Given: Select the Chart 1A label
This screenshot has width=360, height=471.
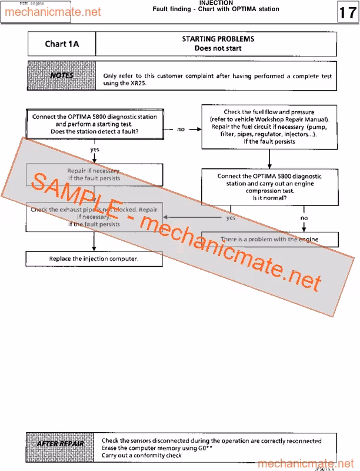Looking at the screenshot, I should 62,44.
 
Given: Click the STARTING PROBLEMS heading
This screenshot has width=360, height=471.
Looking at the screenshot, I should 218,39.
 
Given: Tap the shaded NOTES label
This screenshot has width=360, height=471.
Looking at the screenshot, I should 61,75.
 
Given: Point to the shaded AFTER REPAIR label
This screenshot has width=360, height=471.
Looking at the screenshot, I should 61,443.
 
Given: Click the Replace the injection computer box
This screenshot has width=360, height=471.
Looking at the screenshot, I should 94,258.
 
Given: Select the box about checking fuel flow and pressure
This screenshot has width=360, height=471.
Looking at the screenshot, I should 269,127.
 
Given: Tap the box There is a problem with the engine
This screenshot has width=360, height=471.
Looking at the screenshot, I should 269,239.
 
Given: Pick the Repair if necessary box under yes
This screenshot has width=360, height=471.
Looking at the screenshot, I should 94,174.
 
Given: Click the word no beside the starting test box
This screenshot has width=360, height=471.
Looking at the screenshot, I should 181,129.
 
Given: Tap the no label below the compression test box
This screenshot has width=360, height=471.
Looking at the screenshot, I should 304,218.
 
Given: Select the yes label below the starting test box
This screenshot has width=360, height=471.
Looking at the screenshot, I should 95,150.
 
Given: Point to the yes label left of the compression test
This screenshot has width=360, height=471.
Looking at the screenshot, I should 231,217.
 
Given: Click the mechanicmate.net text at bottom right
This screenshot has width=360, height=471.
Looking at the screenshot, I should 306,463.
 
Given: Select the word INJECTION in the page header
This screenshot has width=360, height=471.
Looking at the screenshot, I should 216,3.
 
